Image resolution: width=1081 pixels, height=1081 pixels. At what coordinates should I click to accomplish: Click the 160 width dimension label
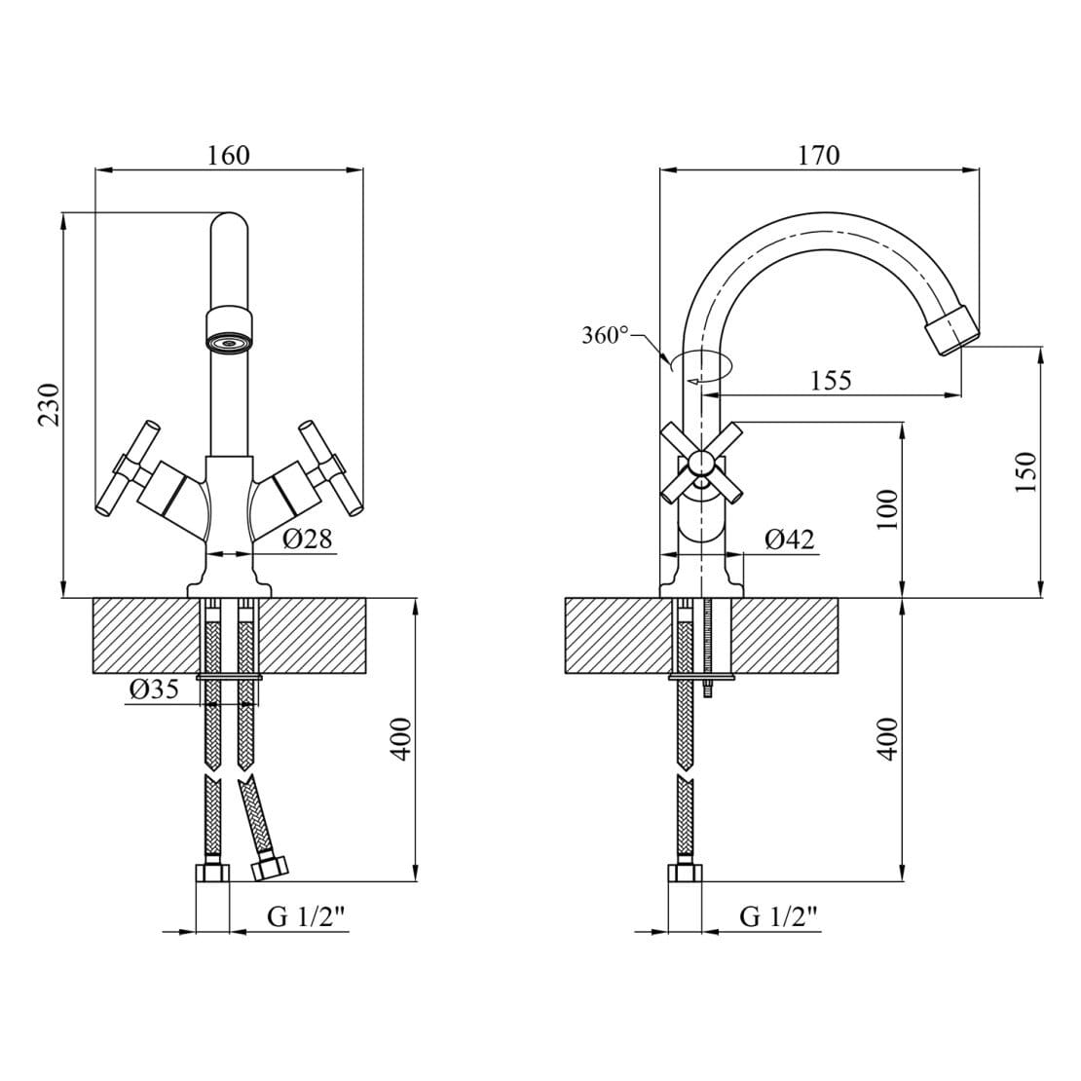229,155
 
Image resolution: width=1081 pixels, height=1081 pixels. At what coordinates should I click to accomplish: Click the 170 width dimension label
818,155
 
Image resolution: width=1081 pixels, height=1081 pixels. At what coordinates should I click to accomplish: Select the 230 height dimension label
49,403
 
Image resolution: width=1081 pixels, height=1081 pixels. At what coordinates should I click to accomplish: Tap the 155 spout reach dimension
831,380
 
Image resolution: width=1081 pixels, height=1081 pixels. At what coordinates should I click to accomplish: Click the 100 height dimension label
887,508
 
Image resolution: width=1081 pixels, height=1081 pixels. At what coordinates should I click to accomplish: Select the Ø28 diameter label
308,539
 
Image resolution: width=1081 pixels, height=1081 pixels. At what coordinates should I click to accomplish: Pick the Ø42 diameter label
789,539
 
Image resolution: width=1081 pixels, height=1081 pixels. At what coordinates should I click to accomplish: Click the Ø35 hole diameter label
154,690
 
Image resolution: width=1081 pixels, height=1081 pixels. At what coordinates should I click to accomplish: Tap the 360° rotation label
605,336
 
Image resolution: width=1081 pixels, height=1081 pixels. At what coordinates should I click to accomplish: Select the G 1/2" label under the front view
307,916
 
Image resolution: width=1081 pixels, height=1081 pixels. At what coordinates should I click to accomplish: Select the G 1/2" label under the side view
778,916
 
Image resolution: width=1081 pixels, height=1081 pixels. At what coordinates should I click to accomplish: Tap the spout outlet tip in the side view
951,331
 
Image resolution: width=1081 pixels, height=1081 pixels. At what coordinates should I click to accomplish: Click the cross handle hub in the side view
699,463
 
